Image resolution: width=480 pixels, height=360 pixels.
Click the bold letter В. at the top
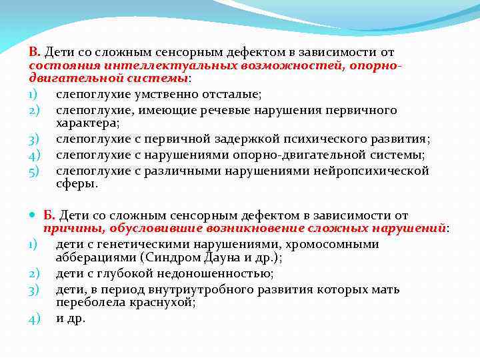35,53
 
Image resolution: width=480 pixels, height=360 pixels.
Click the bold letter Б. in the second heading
50,215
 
